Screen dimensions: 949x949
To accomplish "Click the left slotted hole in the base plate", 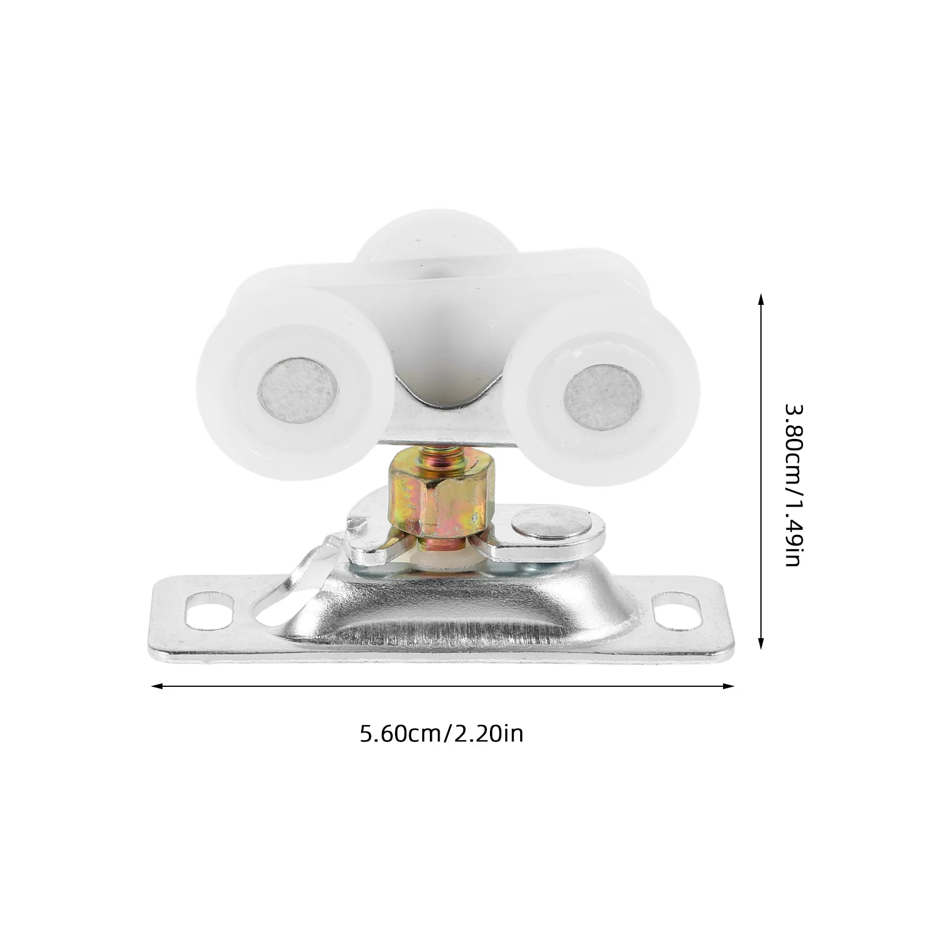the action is point(208,610).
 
